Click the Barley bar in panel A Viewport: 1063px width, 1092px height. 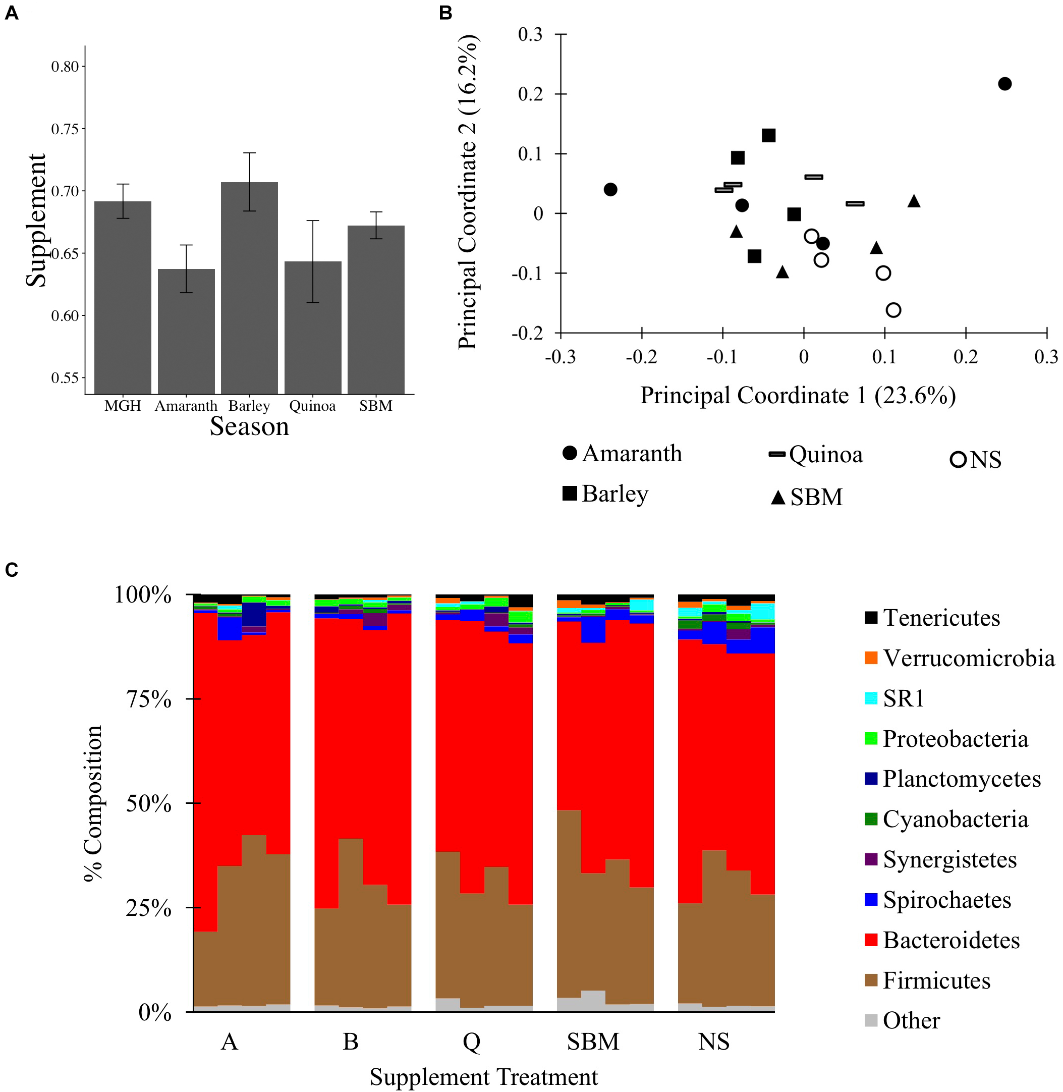tap(249, 288)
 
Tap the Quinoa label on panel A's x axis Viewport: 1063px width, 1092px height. tap(312, 406)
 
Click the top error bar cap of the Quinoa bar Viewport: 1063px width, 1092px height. tap(313, 221)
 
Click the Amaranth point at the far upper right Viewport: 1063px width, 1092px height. tap(1004, 84)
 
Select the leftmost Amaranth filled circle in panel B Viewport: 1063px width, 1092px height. tap(610, 189)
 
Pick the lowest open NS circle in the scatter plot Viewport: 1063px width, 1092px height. tap(893, 310)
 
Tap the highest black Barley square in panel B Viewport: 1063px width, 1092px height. tap(768, 135)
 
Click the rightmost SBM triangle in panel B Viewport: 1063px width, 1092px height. tap(913, 201)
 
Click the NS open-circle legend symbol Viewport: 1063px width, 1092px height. tap(958, 460)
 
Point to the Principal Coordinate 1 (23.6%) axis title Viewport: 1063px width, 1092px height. tap(798, 395)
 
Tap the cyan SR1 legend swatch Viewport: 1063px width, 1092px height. tap(871, 698)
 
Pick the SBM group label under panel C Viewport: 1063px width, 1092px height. tap(593, 1042)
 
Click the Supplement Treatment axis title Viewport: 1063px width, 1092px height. tap(483, 1076)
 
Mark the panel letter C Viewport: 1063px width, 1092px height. tap(11, 569)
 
